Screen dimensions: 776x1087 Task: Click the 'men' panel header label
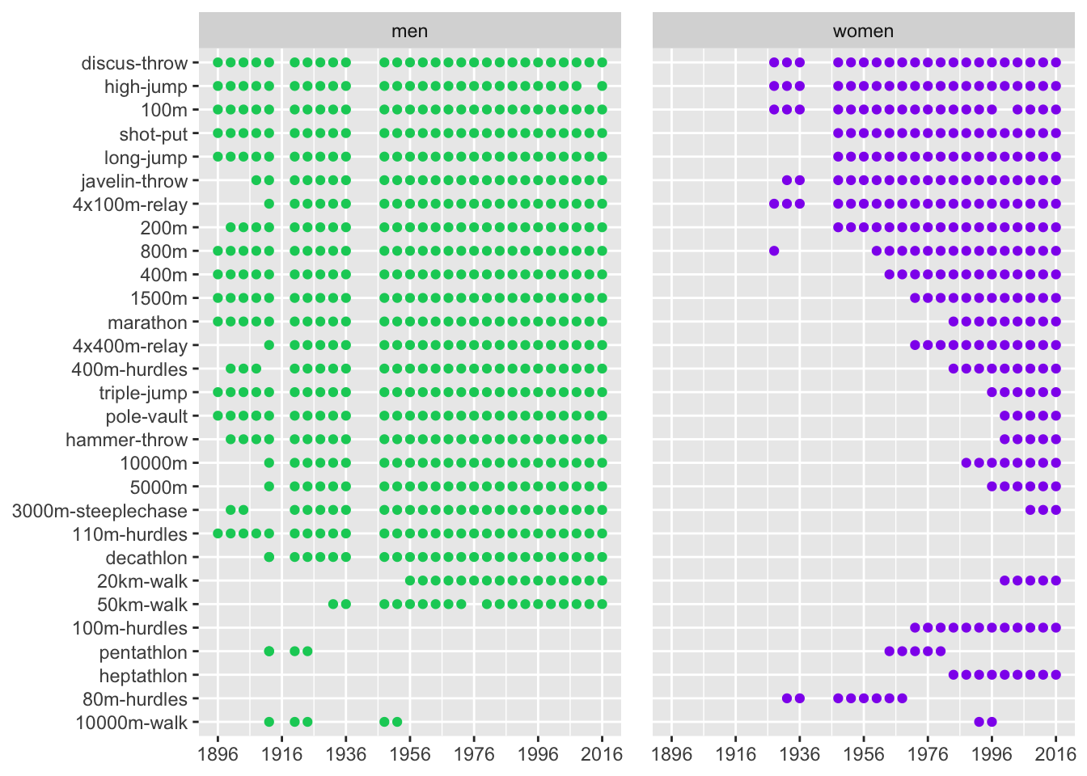click(x=409, y=32)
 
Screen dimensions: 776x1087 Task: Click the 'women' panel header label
click(x=863, y=32)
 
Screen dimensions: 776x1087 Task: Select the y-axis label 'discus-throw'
click(x=134, y=63)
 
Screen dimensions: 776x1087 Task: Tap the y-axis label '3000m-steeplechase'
click(x=99, y=511)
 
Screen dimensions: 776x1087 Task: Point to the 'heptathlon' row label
click(x=143, y=676)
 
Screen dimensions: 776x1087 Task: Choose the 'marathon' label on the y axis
click(x=147, y=323)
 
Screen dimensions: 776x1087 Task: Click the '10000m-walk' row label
click(x=131, y=723)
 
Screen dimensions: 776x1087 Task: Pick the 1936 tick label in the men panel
click(x=346, y=754)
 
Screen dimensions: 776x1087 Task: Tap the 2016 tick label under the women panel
click(x=1055, y=754)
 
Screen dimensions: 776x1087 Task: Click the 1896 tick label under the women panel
click(x=671, y=754)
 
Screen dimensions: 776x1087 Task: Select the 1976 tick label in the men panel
click(x=474, y=754)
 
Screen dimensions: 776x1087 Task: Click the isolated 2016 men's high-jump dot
click(x=602, y=86)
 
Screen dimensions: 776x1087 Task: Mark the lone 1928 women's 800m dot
click(x=774, y=251)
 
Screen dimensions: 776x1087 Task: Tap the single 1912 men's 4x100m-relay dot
click(x=269, y=204)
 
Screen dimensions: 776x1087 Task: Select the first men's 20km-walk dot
click(x=410, y=580)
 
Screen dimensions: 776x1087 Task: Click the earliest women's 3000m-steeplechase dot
click(x=1030, y=510)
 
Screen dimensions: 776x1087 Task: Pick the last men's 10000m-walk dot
click(x=397, y=722)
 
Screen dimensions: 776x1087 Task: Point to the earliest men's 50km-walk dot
click(x=333, y=604)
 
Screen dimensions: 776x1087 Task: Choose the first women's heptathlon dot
click(x=954, y=675)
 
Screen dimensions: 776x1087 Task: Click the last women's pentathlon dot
click(x=941, y=652)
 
